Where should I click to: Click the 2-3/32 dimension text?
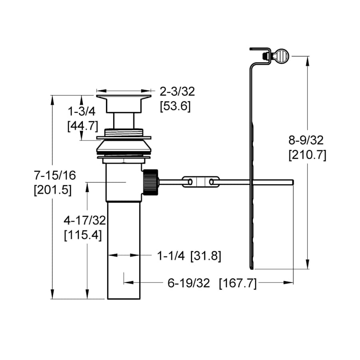pos(177,92)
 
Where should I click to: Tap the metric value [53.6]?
pos(175,107)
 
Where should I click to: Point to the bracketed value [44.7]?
pos(82,126)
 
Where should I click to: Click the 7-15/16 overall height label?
pos(54,175)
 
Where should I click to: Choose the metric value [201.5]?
pos(53,190)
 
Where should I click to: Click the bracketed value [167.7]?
pos(238,283)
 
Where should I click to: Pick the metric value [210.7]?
pos(307,155)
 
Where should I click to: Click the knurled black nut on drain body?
pos(150,182)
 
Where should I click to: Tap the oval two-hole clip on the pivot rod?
pos(200,182)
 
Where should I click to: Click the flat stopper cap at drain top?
pos(124,96)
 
